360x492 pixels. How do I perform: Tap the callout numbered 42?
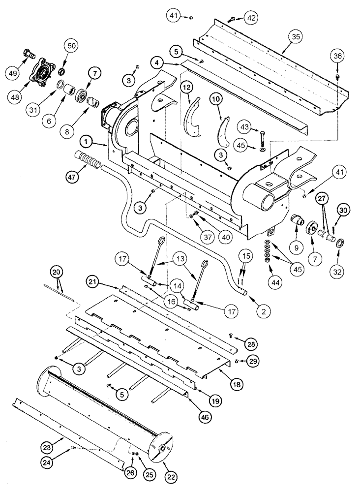251,18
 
